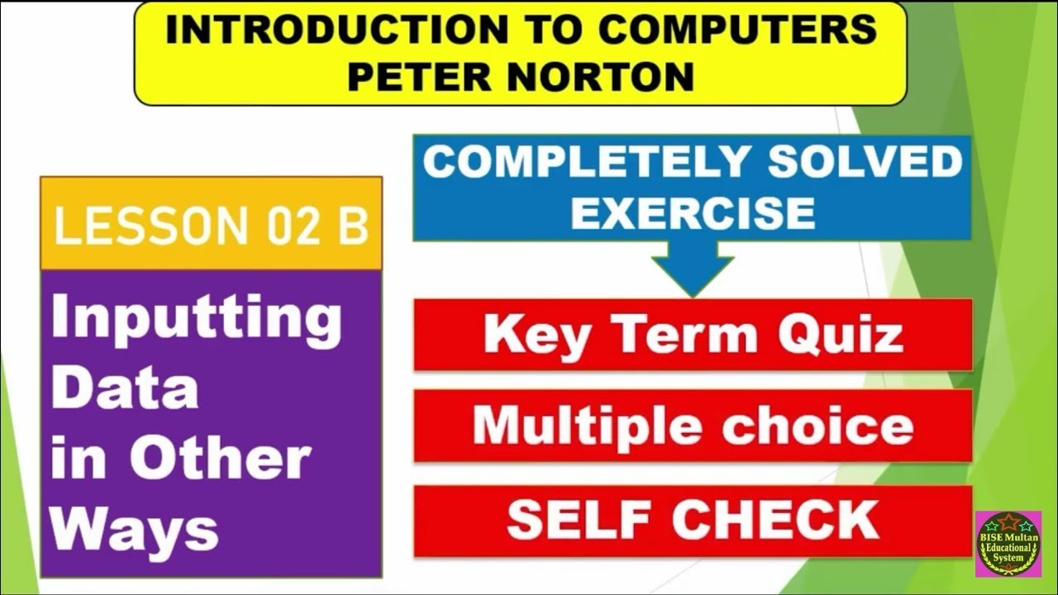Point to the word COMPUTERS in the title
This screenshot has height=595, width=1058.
737,30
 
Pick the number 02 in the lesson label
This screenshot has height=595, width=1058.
292,226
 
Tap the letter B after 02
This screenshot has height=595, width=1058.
353,226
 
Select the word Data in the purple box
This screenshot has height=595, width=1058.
125,388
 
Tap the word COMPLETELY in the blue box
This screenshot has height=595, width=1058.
587,163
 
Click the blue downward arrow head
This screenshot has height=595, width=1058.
693,273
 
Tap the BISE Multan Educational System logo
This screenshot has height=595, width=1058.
1008,544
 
